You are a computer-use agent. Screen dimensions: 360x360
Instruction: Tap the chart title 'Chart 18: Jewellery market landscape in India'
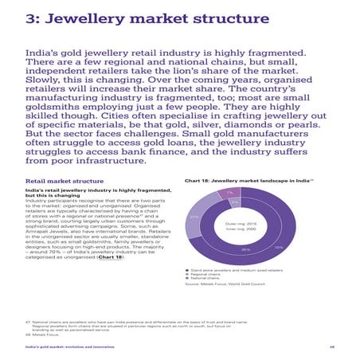tap(247, 181)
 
